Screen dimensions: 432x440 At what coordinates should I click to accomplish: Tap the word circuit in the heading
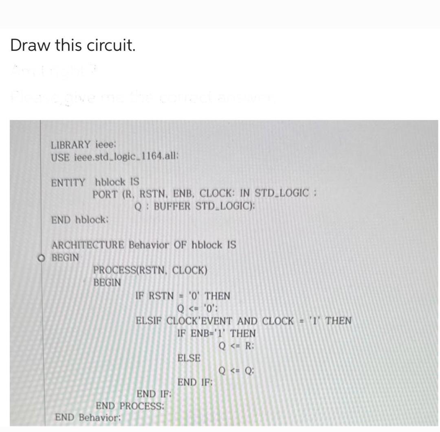pos(110,45)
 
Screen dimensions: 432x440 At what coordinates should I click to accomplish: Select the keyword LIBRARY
pos(70,144)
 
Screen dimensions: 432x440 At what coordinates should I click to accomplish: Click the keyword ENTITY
pos(68,182)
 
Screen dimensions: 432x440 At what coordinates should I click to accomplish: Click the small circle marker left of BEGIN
pos(41,258)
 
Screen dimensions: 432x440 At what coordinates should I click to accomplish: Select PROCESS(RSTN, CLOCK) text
pos(150,270)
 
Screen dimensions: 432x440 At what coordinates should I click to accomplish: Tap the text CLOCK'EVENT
pos(200,321)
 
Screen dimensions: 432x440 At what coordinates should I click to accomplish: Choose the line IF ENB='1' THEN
pos(217,333)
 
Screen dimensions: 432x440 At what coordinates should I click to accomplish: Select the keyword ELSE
pos(189,358)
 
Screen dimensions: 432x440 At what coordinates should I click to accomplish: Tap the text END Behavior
pos(88,417)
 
